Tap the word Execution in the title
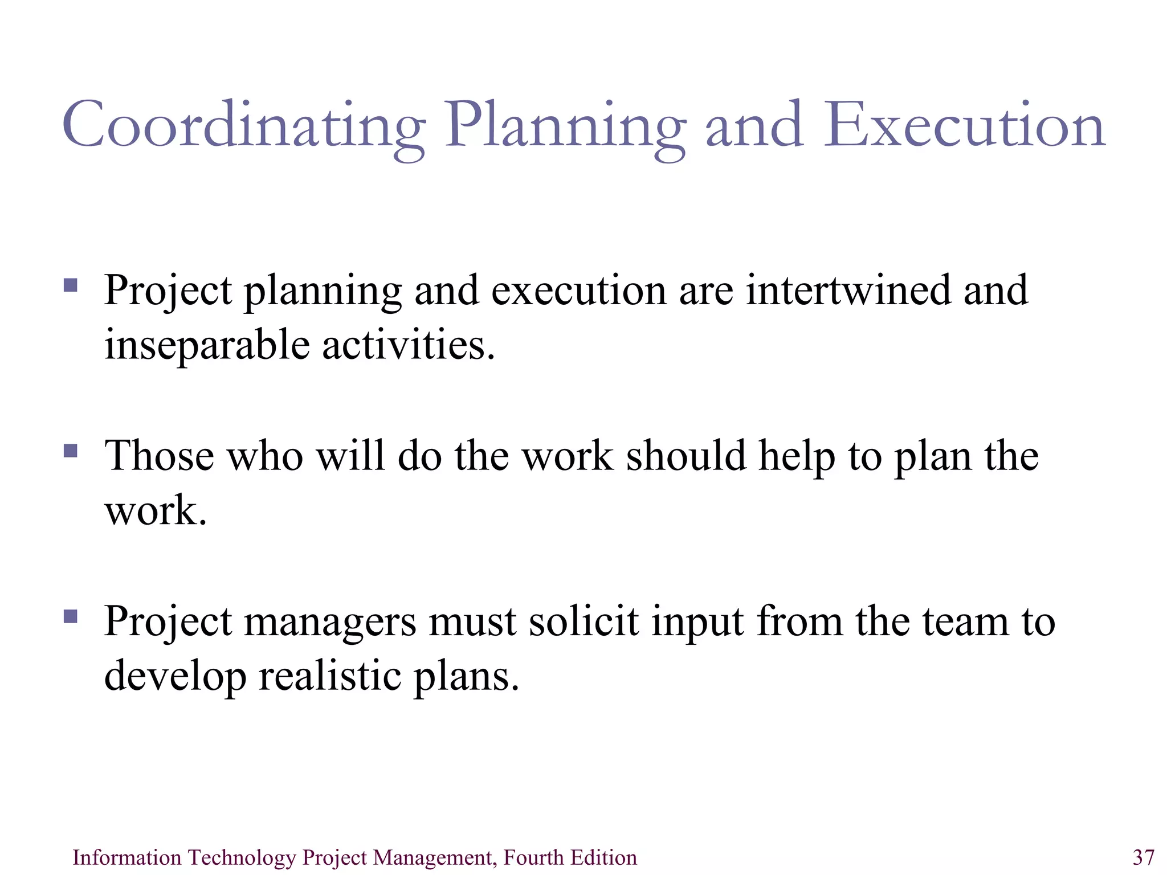[964, 125]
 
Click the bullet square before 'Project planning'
[71, 285]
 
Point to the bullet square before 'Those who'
[71, 451]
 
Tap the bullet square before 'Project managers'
[71, 616]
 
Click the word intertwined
[848, 290]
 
